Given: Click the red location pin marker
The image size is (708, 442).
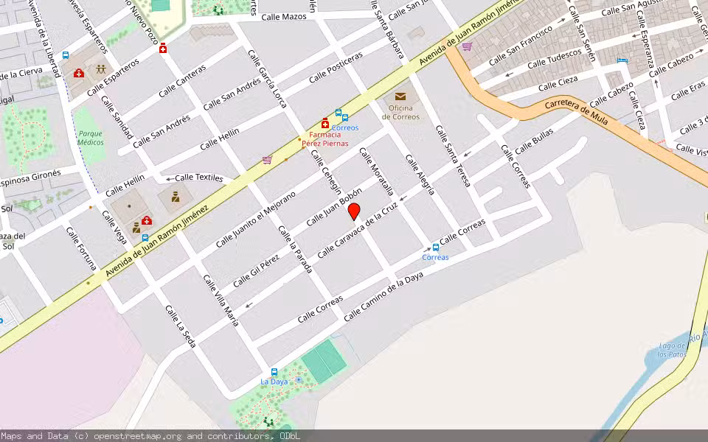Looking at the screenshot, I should click(354, 211).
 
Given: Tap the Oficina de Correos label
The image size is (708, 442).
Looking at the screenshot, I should click(400, 113).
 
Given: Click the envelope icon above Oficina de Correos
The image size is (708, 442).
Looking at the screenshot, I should click(400, 97).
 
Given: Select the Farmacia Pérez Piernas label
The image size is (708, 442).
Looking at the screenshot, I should click(324, 138).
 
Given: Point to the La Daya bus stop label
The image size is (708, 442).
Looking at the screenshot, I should click(274, 382).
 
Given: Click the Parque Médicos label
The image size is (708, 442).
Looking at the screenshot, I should click(91, 138).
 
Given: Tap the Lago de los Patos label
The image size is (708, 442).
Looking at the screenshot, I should click(673, 350).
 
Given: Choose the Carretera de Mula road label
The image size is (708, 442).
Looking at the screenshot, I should click(576, 111).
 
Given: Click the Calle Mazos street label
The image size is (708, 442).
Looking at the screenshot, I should click(284, 16).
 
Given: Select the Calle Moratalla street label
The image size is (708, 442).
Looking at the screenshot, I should click(377, 174).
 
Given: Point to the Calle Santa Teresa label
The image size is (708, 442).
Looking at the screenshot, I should click(453, 155).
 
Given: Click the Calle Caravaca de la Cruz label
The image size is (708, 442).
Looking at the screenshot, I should click(358, 231).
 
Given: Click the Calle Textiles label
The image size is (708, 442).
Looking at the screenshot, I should click(198, 178).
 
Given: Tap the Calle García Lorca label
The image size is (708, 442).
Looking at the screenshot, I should click(268, 79).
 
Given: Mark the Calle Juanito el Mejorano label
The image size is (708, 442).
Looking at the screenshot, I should click(255, 220).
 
